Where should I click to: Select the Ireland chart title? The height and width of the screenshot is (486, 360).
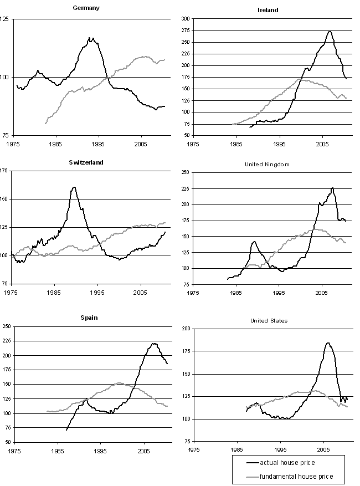(268, 10)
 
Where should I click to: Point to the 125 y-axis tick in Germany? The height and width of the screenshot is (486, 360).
(5, 19)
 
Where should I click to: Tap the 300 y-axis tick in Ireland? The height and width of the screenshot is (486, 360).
(186, 19)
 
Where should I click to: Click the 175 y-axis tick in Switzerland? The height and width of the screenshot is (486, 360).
(5, 171)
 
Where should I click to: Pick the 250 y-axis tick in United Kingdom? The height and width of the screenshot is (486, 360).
(186, 173)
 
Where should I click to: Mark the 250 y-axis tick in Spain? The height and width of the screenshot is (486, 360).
(5, 326)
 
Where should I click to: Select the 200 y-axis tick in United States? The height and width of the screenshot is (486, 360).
(186, 329)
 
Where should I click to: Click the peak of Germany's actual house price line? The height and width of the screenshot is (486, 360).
(90, 38)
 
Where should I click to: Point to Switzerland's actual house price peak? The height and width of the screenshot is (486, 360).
(74, 187)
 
